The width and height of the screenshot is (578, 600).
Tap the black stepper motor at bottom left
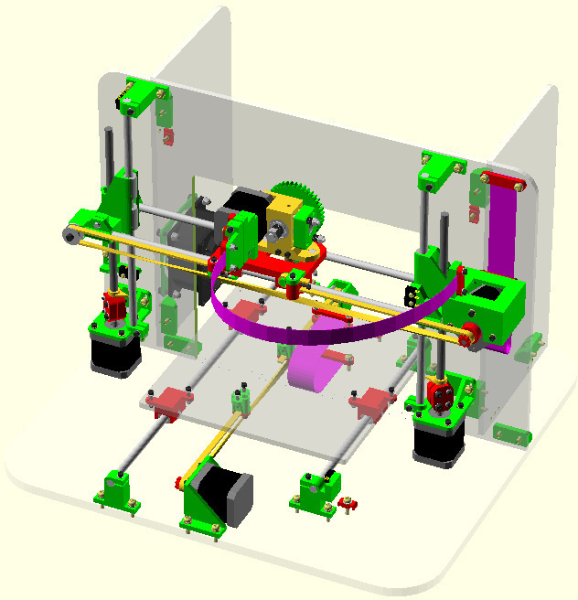(x=113, y=351)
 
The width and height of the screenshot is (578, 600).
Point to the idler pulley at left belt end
(x=70, y=238)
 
